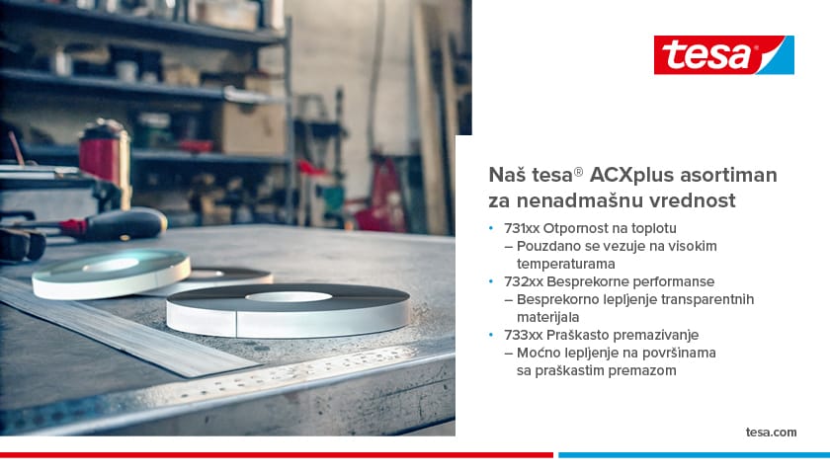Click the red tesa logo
pos(723,55)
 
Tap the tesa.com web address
pos(771,433)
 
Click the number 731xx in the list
pos(522,228)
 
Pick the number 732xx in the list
pos(523,281)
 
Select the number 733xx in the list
pos(523,335)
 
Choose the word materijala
pos(547,317)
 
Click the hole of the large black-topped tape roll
pos(289,297)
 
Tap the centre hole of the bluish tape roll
pos(111,265)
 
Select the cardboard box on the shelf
pos(252,128)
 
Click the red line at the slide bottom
pos(277,455)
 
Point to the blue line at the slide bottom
pos(694,455)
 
